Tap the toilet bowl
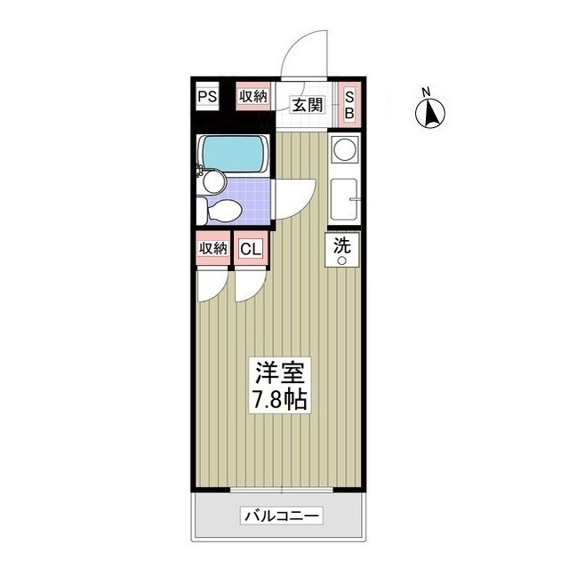221,211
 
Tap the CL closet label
250,249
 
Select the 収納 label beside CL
213,249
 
